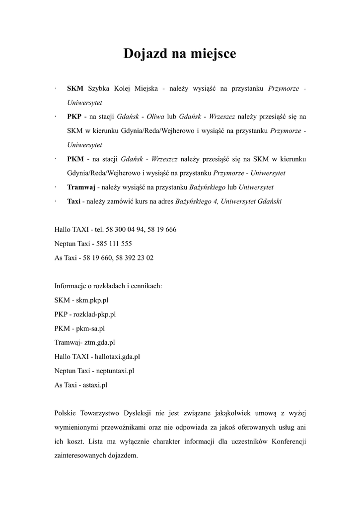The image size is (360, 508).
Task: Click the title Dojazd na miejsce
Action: (x=180, y=54)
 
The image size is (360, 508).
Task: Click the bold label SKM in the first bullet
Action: (x=75, y=88)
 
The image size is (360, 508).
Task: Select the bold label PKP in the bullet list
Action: (x=74, y=117)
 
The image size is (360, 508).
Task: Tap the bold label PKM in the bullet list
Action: (x=75, y=159)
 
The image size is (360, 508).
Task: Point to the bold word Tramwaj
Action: (x=81, y=188)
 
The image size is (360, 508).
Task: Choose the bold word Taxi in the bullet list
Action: (x=73, y=201)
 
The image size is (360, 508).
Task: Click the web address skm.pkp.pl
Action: (x=92, y=300)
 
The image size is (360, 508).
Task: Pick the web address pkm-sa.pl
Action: (x=90, y=328)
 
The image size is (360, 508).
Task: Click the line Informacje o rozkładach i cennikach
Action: (x=109, y=286)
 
